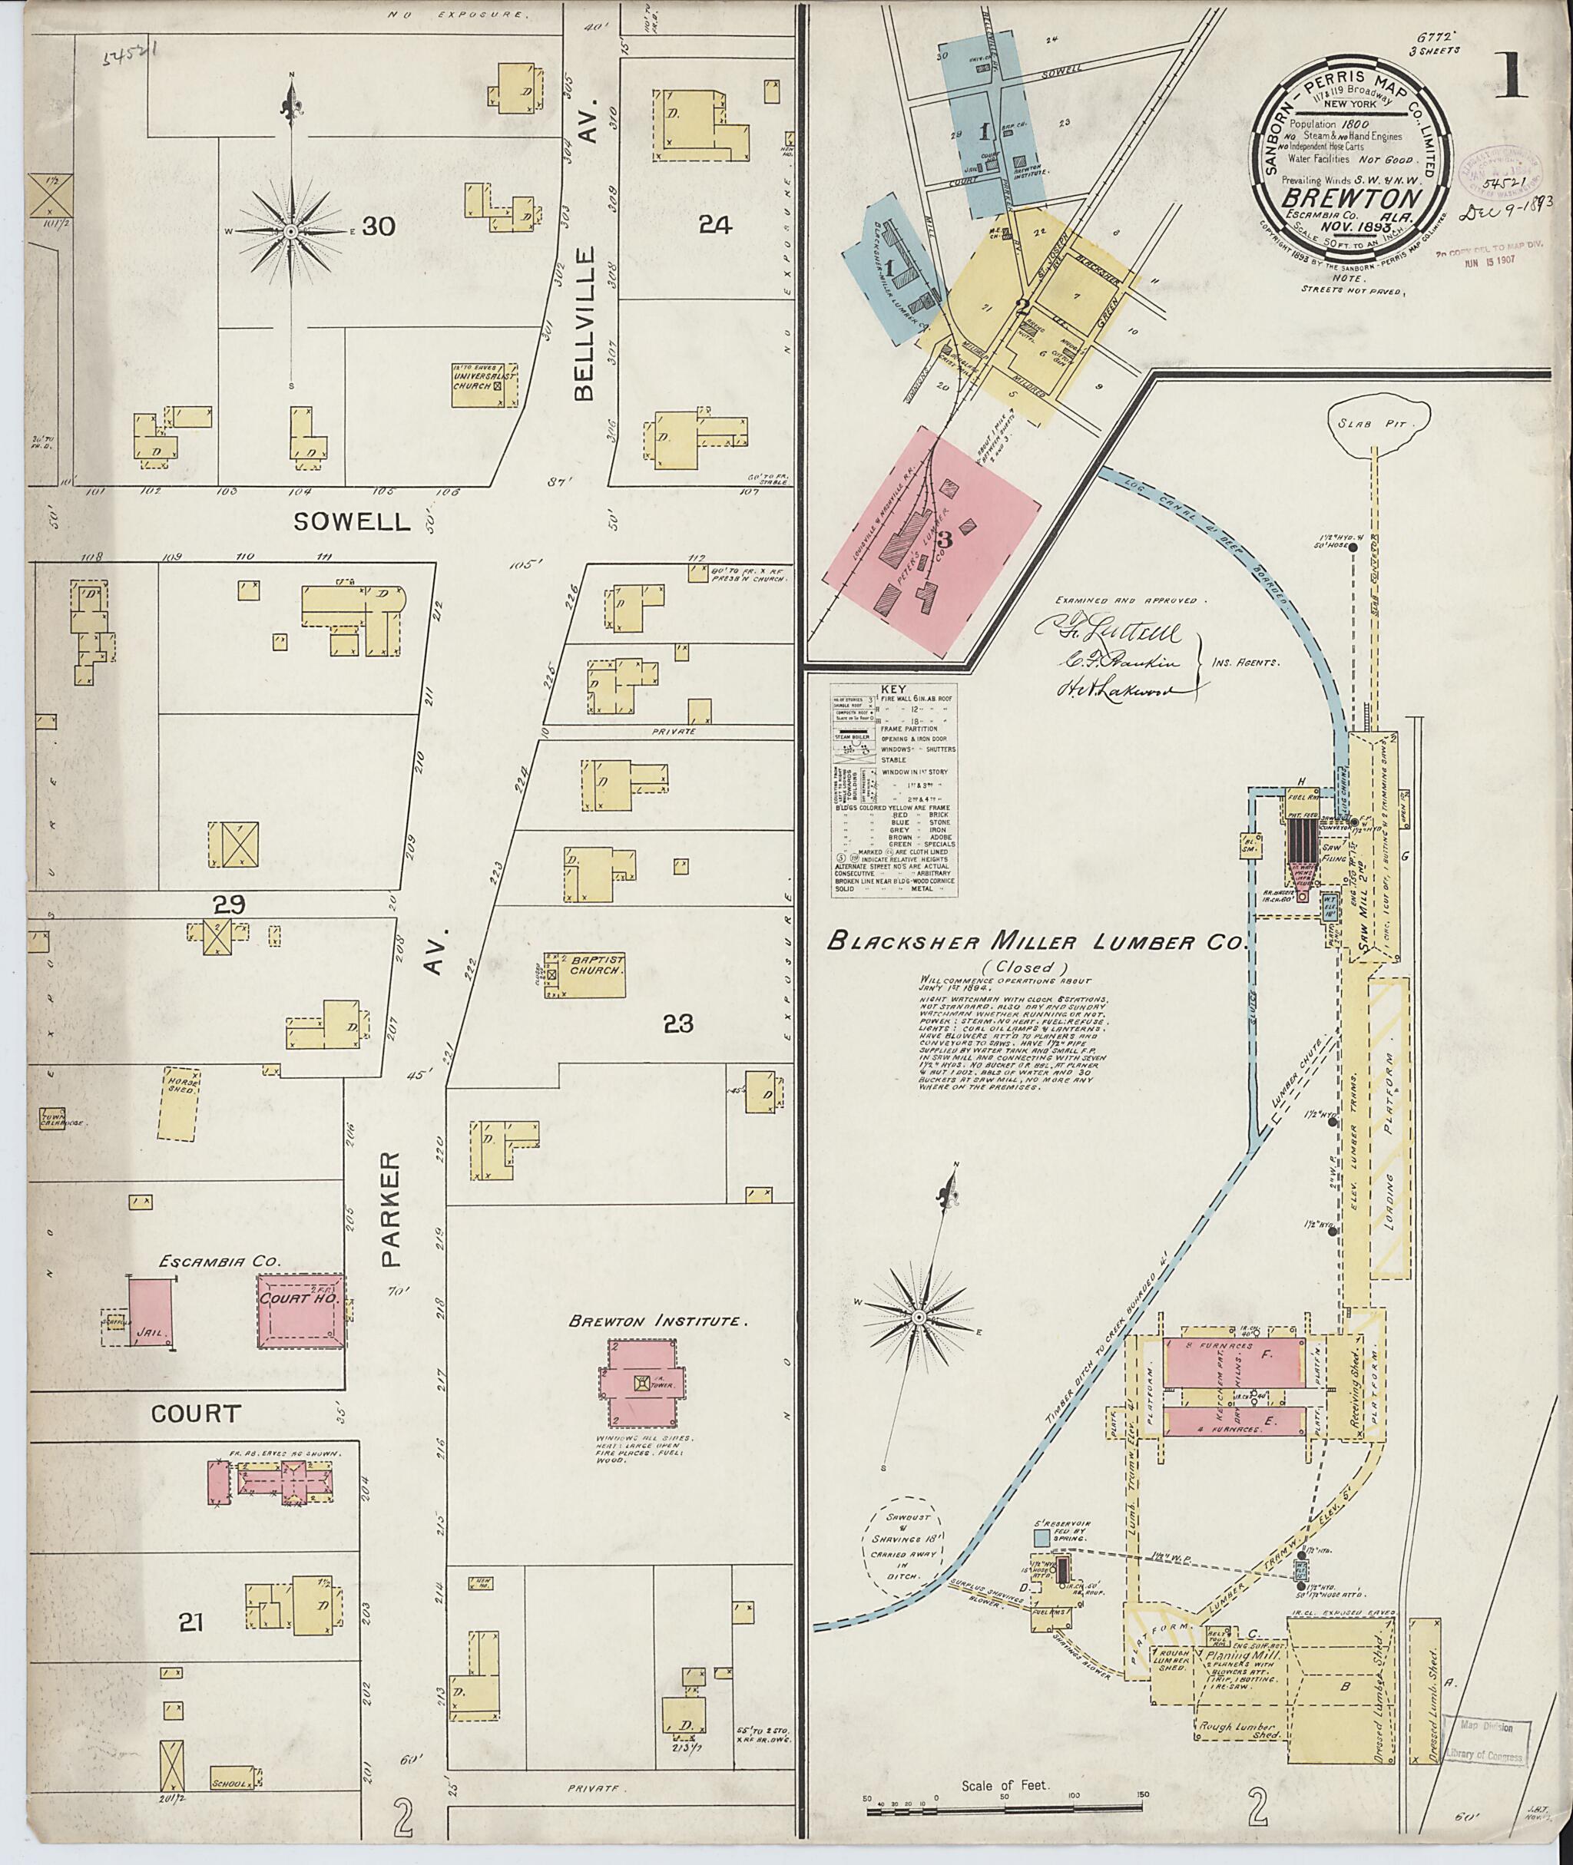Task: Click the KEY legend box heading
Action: [891, 690]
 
